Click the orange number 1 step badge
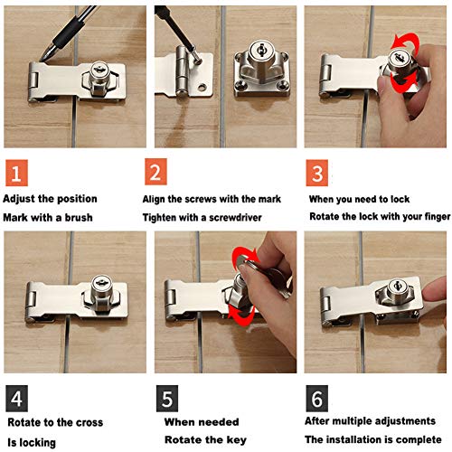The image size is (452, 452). coord(16,173)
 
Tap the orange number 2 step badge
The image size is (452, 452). coord(155,172)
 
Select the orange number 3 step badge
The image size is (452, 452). coord(317,173)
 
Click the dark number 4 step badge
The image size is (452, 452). coord(16,399)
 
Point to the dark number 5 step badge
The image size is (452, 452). coord(167,399)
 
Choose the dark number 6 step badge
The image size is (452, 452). coord(317,399)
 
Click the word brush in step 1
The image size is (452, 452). coord(79,217)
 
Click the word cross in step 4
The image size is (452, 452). coord(89,422)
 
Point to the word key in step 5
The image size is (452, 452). coord(237,440)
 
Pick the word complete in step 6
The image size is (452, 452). coord(419,439)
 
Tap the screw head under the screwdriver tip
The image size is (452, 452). coord(197,61)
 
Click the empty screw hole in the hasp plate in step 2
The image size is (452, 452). coord(202,88)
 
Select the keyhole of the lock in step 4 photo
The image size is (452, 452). coord(101,282)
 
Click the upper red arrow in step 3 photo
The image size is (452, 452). coord(405,42)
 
